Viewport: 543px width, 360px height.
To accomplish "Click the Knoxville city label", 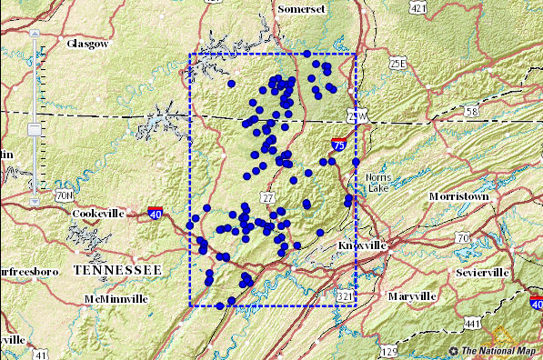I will tap(363, 245).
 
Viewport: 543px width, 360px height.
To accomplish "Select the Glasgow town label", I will tap(88, 43).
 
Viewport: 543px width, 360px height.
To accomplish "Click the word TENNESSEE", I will tap(117, 271).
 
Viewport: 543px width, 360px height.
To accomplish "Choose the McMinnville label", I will tap(115, 298).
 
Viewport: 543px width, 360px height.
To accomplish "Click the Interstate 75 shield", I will tap(338, 144).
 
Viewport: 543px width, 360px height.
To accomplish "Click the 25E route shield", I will tap(397, 63).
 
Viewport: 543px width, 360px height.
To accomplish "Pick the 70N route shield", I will tap(64, 195).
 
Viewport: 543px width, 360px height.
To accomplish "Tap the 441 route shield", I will tap(471, 323).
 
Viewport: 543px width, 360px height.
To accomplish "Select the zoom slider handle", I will tap(35, 130).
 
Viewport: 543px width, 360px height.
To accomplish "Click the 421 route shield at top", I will tap(417, 7).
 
